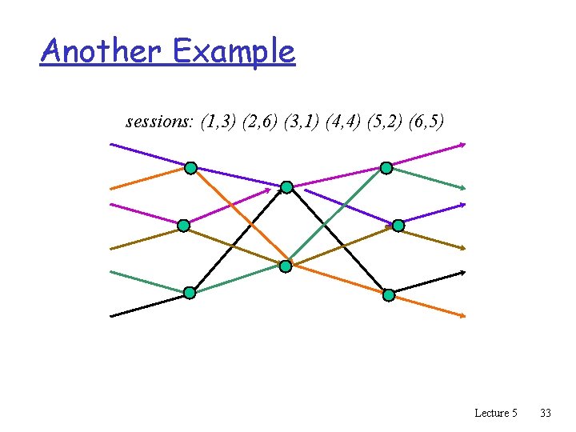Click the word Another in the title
[x=102, y=51]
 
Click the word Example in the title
[x=233, y=53]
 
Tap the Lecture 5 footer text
[x=495, y=413]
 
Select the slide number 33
[x=546, y=413]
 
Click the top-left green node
[x=190, y=168]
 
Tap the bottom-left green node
[x=190, y=293]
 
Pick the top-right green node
[x=386, y=168]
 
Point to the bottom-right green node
[x=389, y=295]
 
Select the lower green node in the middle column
[x=286, y=266]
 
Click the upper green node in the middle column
[x=286, y=187]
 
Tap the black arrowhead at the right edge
[x=462, y=273]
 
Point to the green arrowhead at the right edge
[x=462, y=188]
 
